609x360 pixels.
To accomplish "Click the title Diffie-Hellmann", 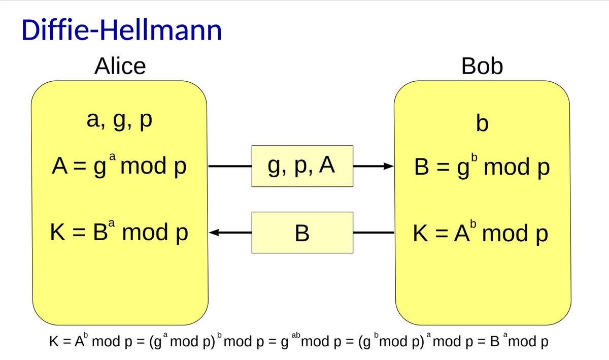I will [x=122, y=30].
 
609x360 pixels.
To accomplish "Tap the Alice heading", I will [x=120, y=67].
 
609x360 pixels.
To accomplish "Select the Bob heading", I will [x=482, y=67].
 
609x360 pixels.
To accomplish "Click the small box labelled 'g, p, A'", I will [x=302, y=166].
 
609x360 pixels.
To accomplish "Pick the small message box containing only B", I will [x=302, y=233].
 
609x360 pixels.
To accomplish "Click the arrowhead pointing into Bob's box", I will [x=388, y=166].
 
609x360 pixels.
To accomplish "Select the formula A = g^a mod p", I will [x=120, y=167].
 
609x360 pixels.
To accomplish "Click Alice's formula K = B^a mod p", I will [x=120, y=233].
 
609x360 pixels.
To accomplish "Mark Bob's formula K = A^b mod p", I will [x=481, y=234].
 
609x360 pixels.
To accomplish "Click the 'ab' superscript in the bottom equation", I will [x=297, y=336].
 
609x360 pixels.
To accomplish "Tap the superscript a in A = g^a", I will [x=114, y=159].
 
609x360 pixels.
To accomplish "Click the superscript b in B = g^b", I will [x=475, y=159].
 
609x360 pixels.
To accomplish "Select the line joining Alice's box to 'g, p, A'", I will [x=230, y=166].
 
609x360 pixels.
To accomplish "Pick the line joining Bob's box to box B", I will [x=374, y=233].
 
